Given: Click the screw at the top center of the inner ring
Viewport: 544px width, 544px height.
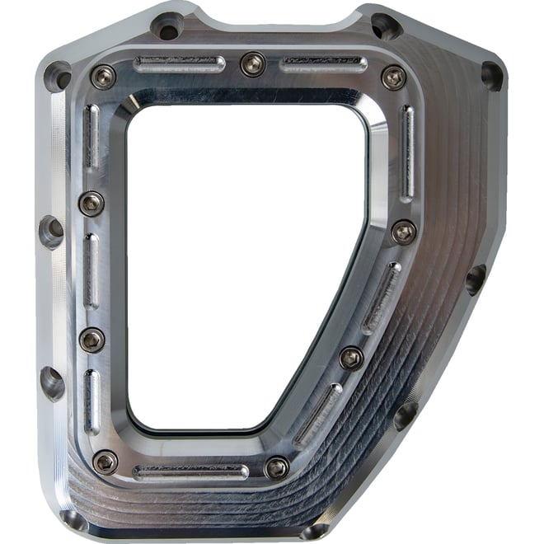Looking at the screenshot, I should [x=252, y=63].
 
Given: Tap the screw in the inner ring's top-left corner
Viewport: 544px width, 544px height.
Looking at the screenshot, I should [x=103, y=77].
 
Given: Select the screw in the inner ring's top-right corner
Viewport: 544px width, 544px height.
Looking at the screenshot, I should [x=394, y=77].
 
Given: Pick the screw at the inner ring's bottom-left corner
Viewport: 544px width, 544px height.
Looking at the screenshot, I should [x=106, y=462].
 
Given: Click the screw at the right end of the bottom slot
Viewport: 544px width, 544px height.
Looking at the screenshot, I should [x=277, y=467].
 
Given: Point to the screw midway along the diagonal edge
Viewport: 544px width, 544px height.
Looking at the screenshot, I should [x=351, y=358].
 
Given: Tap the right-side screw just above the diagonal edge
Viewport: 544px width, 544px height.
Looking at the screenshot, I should [x=404, y=232].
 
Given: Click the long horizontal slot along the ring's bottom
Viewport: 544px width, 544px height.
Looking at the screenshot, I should [x=190, y=473].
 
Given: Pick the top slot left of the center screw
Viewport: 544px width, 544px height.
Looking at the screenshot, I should [x=180, y=63].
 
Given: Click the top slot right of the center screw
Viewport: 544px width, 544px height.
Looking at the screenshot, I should [x=324, y=63].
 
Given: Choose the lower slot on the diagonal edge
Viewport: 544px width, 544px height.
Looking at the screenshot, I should [x=318, y=414].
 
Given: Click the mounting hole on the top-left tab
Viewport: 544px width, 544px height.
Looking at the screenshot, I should [x=167, y=26].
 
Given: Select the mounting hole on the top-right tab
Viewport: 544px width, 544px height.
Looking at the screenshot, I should [x=384, y=27].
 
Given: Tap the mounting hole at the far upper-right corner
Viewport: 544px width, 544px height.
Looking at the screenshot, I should [x=491, y=77].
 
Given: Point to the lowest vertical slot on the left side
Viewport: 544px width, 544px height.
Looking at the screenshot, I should [x=92, y=401].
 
